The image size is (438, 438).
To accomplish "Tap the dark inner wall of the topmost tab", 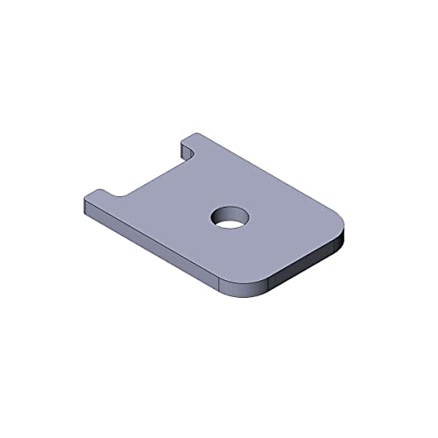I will [x=187, y=151].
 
